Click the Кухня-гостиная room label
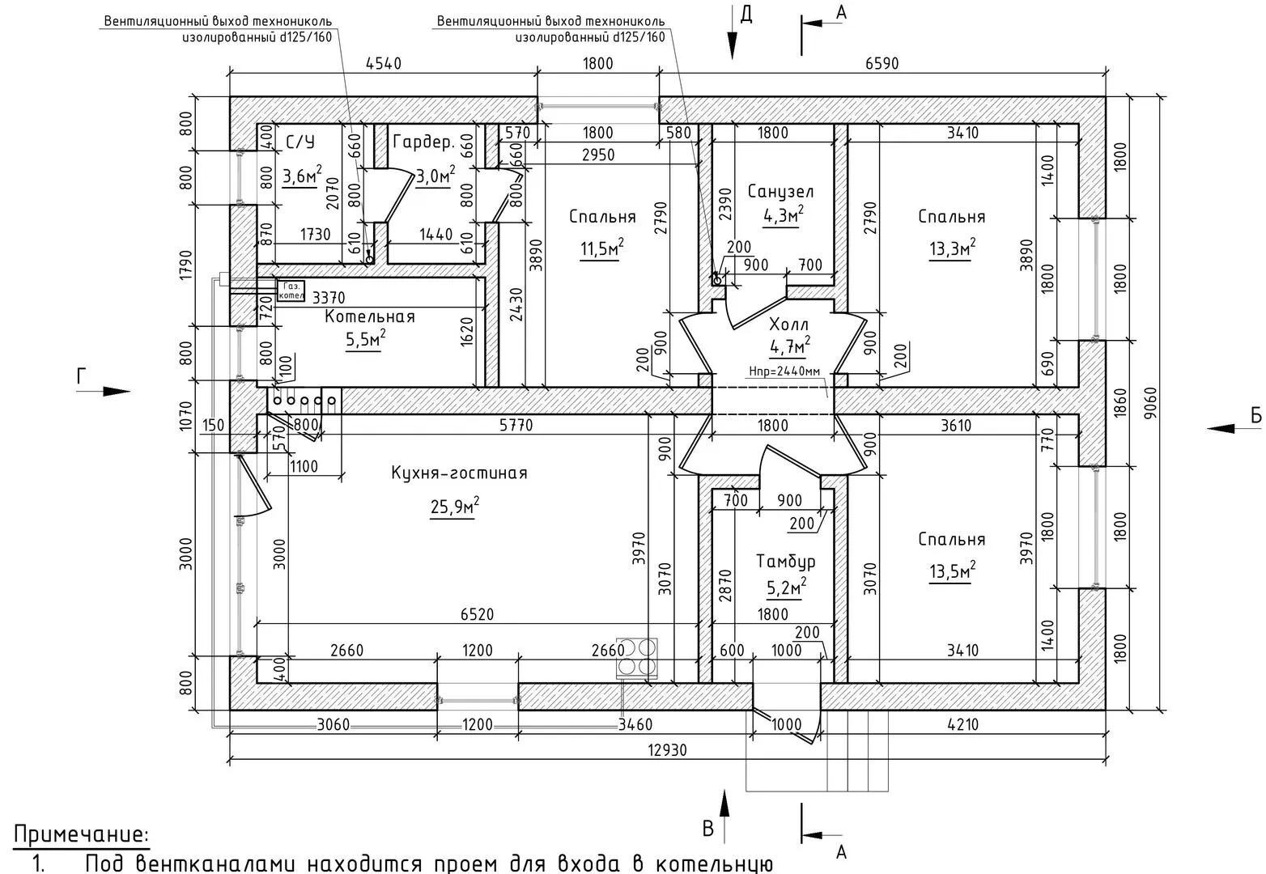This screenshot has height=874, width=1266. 459,473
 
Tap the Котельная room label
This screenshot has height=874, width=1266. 370,316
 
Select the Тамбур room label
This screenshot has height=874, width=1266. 786,562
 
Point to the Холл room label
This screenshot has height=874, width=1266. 789,325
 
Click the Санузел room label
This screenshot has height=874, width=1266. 780,192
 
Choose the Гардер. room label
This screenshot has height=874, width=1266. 424,142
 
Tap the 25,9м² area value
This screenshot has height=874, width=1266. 454,507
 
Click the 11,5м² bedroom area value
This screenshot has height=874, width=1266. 602,248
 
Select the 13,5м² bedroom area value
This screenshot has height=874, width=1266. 953,571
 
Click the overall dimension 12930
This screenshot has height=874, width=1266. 667,749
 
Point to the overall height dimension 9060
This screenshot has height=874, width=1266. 1149,403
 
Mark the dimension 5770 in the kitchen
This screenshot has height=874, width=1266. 516,425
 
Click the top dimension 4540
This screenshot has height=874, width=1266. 384,63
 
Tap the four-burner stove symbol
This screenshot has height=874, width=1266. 636,657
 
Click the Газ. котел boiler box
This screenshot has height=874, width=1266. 291,291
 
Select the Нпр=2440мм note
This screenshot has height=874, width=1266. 784,371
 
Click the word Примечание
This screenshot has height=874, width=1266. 82,834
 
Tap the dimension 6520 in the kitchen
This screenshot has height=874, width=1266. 477,614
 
